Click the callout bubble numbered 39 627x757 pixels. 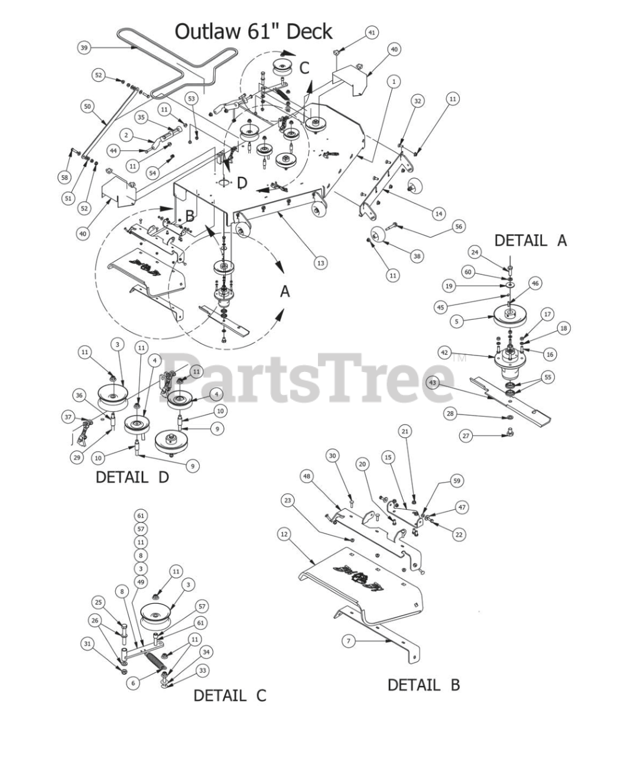click(84, 47)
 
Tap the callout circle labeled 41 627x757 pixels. click(371, 33)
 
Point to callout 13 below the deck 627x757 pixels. click(320, 262)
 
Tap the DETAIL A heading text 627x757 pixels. click(530, 240)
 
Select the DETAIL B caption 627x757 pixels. click(423, 685)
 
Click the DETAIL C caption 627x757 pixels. click(230, 695)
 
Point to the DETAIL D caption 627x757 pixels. click(132, 477)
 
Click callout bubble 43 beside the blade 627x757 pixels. click(433, 383)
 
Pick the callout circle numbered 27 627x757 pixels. click(466, 436)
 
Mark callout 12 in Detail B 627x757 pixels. click(284, 534)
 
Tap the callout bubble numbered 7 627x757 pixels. click(349, 641)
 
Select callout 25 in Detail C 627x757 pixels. click(98, 602)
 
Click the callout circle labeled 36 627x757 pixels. click(79, 396)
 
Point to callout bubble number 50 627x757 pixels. click(87, 106)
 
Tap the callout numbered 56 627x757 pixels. click(459, 227)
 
